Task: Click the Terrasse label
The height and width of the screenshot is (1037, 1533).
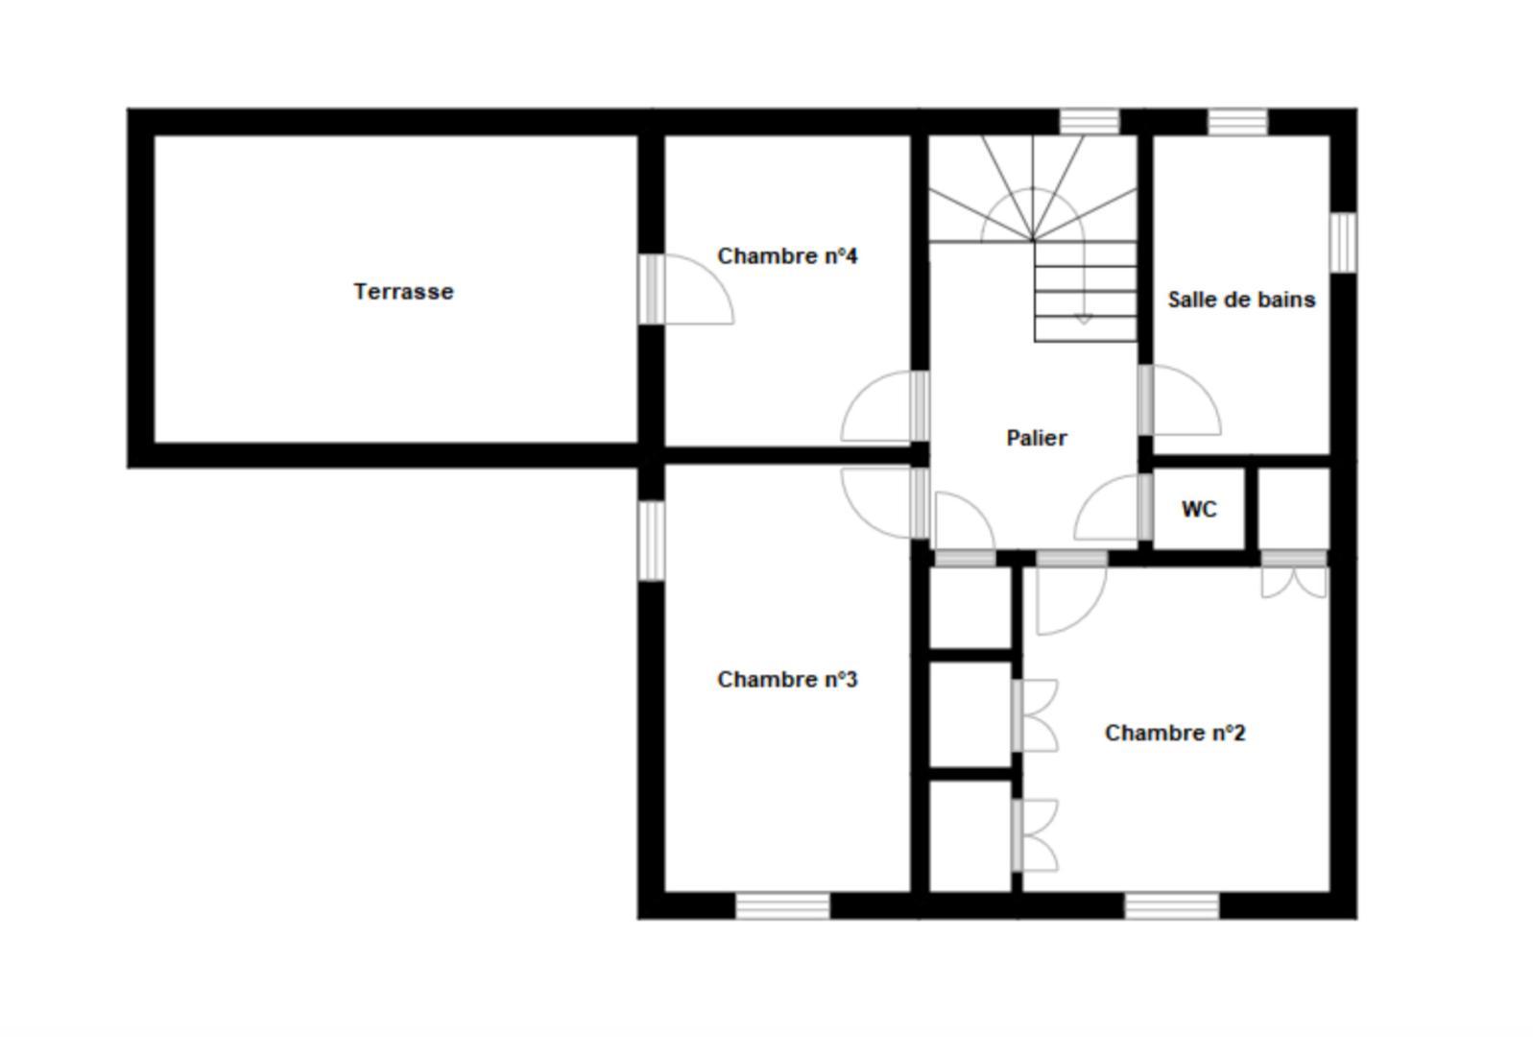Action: (403, 292)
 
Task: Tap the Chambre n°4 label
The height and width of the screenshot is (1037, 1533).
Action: (787, 256)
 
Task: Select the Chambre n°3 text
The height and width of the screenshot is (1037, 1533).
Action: (787, 679)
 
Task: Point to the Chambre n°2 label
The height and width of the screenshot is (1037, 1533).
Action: (1175, 733)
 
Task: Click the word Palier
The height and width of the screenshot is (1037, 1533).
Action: (1036, 438)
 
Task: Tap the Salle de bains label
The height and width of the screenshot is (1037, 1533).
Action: (1241, 300)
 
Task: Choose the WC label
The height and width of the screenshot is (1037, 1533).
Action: (1199, 509)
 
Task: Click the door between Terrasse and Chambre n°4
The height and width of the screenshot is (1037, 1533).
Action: (686, 290)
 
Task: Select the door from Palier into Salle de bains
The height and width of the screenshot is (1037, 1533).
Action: (1180, 399)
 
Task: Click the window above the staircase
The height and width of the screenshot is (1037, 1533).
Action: (1090, 122)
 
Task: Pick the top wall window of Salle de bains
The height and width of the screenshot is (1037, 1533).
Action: (1238, 122)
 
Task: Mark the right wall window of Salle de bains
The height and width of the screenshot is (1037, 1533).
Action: (1344, 242)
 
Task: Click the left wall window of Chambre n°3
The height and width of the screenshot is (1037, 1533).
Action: (652, 541)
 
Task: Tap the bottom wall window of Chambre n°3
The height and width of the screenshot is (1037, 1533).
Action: (783, 905)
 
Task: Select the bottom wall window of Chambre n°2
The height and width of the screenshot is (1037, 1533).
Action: (1172, 905)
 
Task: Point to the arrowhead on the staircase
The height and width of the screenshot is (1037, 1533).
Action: (1084, 319)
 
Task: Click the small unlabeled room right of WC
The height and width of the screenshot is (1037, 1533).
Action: (1294, 509)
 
